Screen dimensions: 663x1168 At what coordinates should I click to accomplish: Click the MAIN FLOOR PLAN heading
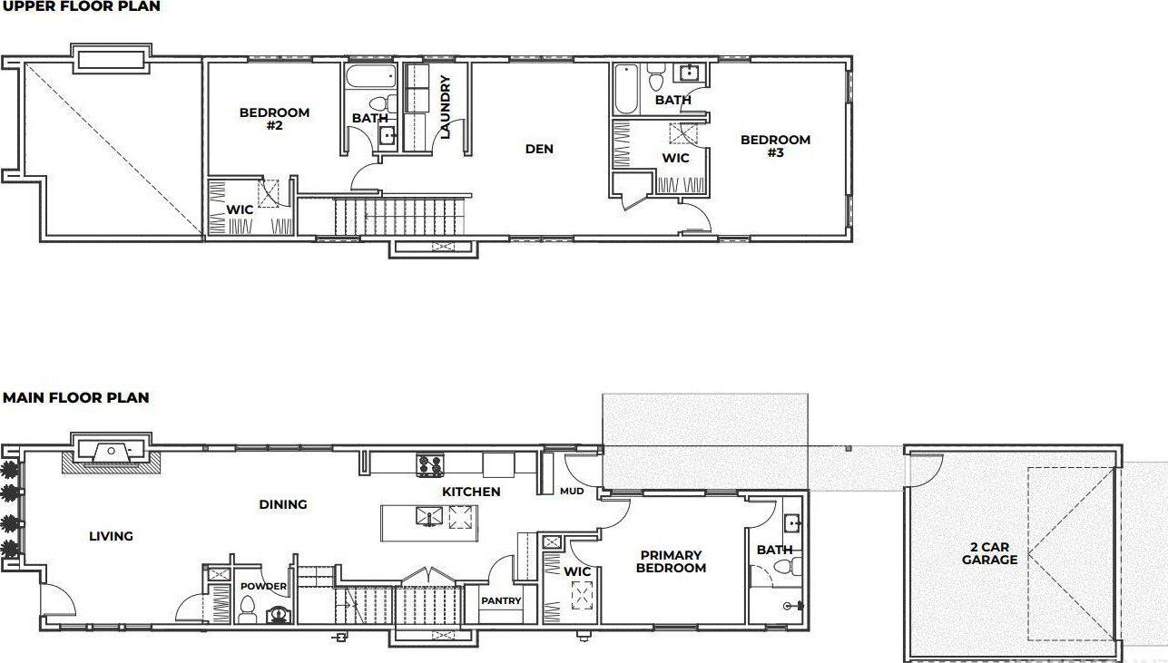(76, 397)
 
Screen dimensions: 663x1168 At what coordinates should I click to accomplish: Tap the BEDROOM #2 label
(274, 119)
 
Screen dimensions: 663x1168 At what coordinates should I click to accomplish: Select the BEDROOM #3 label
(775, 146)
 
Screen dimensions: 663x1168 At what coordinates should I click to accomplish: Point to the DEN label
(539, 149)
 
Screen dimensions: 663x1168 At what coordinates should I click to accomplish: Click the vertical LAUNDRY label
(445, 106)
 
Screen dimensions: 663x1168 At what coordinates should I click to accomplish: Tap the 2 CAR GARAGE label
(989, 553)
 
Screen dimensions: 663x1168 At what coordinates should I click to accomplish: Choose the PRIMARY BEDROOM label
(671, 561)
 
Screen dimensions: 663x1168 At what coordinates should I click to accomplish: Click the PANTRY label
(501, 600)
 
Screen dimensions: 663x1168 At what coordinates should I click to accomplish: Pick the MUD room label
(572, 491)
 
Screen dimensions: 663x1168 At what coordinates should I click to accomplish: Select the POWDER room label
(263, 586)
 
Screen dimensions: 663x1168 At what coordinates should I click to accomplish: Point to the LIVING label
(111, 536)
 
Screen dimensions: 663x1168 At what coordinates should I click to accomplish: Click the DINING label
(283, 504)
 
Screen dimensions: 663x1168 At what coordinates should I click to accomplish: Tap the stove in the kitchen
(429, 465)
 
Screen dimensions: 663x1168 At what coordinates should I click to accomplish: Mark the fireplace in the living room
(111, 450)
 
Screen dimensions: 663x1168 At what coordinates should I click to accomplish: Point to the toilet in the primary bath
(790, 568)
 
